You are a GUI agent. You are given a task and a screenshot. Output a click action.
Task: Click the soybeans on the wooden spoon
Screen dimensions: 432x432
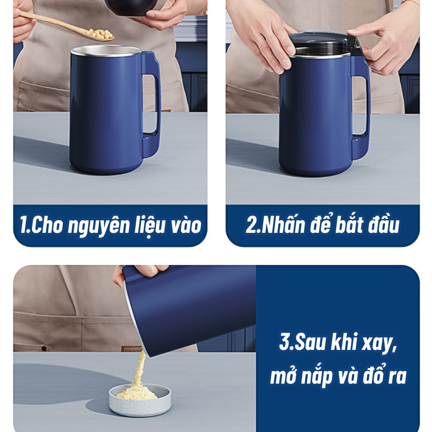[x=99, y=34]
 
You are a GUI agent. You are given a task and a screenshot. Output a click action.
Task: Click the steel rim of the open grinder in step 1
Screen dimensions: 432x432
[x=106, y=51]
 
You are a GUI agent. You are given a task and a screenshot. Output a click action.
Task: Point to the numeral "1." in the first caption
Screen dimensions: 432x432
[x=25, y=225]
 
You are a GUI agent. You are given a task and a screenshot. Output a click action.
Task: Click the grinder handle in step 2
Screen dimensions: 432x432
[x=361, y=108]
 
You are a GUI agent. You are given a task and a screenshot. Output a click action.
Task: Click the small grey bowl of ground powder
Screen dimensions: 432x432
[x=140, y=400]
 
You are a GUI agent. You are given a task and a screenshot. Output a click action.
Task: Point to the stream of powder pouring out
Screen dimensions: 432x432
[x=139, y=369]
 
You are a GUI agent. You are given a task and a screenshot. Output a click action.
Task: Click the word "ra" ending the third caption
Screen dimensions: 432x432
[x=397, y=377]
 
